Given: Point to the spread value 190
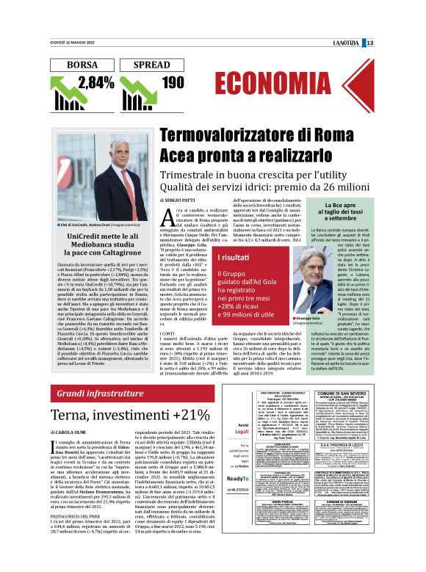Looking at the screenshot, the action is (173, 82).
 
